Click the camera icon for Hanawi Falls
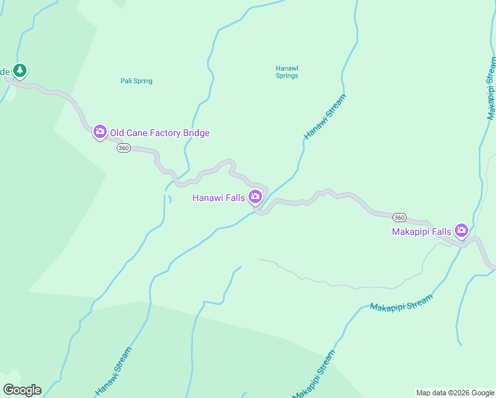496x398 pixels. tap(255, 196)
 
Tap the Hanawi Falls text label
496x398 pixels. tap(218, 198)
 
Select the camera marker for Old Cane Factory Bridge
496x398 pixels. tap(100, 131)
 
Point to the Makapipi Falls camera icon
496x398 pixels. tap(462, 230)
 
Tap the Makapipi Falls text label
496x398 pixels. tap(421, 232)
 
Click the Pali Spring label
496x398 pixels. tap(136, 81)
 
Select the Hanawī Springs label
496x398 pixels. tap(286, 72)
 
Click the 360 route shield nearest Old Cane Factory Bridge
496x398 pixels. tap(123, 148)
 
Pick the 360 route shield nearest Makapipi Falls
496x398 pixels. tap(399, 218)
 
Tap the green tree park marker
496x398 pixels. tap(20, 70)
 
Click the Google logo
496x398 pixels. tap(22, 390)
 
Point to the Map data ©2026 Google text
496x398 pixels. tap(455, 393)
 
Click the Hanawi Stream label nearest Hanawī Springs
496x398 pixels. tap(325, 117)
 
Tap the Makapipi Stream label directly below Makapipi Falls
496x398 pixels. tap(401, 302)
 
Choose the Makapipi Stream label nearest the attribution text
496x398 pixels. tap(314, 374)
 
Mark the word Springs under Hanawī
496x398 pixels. tap(286, 76)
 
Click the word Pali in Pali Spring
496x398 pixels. tap(126, 81)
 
